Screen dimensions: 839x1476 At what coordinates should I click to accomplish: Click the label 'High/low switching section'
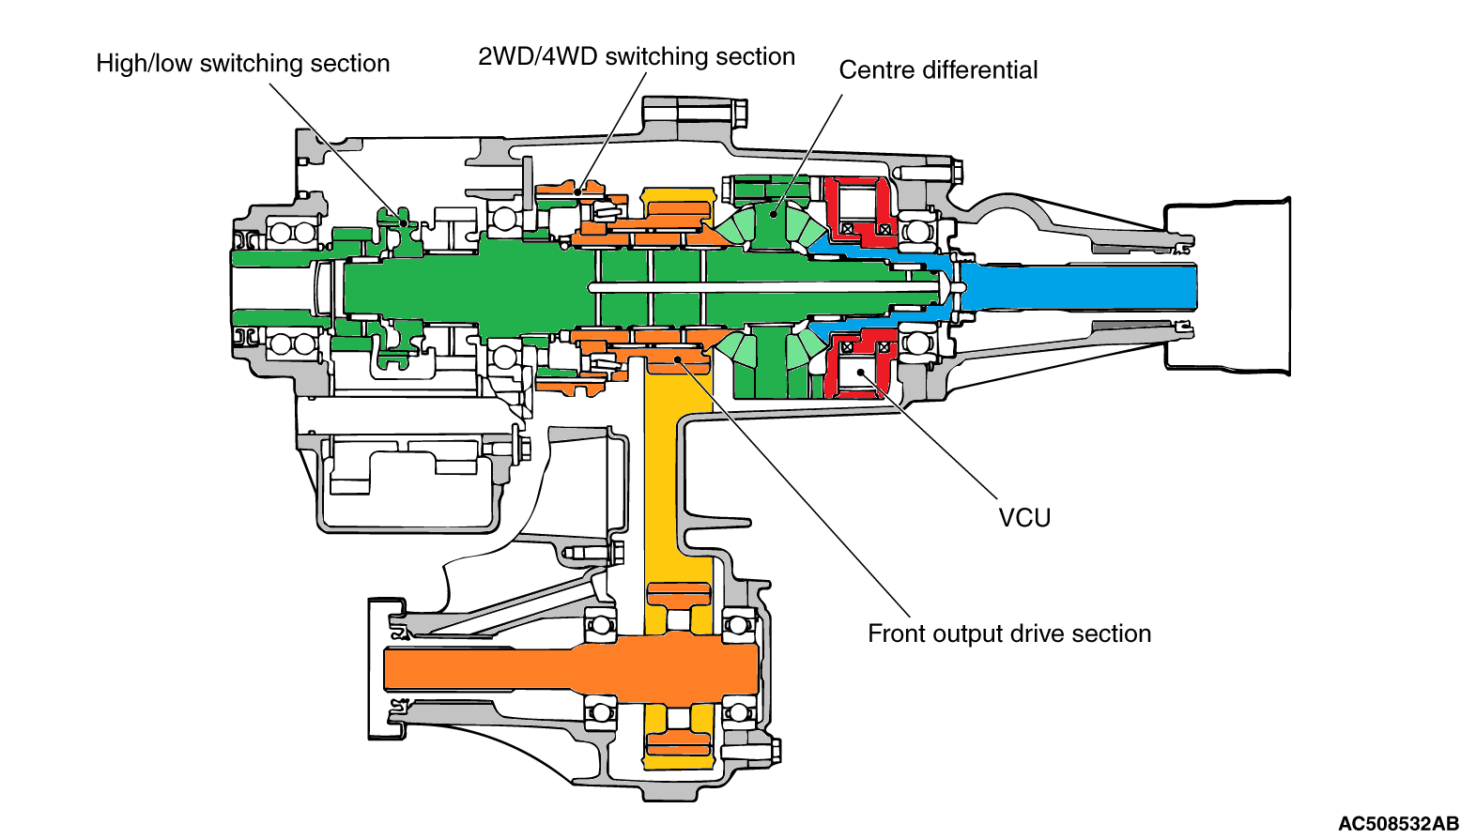click(x=242, y=64)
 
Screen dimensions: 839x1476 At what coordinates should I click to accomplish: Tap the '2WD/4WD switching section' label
click(x=636, y=57)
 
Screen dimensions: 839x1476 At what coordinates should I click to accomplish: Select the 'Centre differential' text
click(x=938, y=70)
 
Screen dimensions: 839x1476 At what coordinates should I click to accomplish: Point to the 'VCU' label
click(x=1024, y=518)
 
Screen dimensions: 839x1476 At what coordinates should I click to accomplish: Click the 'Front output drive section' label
click(x=1008, y=634)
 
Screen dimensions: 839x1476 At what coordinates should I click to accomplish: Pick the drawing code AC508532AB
click(x=1397, y=824)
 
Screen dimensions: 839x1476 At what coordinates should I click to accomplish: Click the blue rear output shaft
click(x=1080, y=287)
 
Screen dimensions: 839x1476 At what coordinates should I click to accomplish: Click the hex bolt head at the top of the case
click(x=738, y=113)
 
